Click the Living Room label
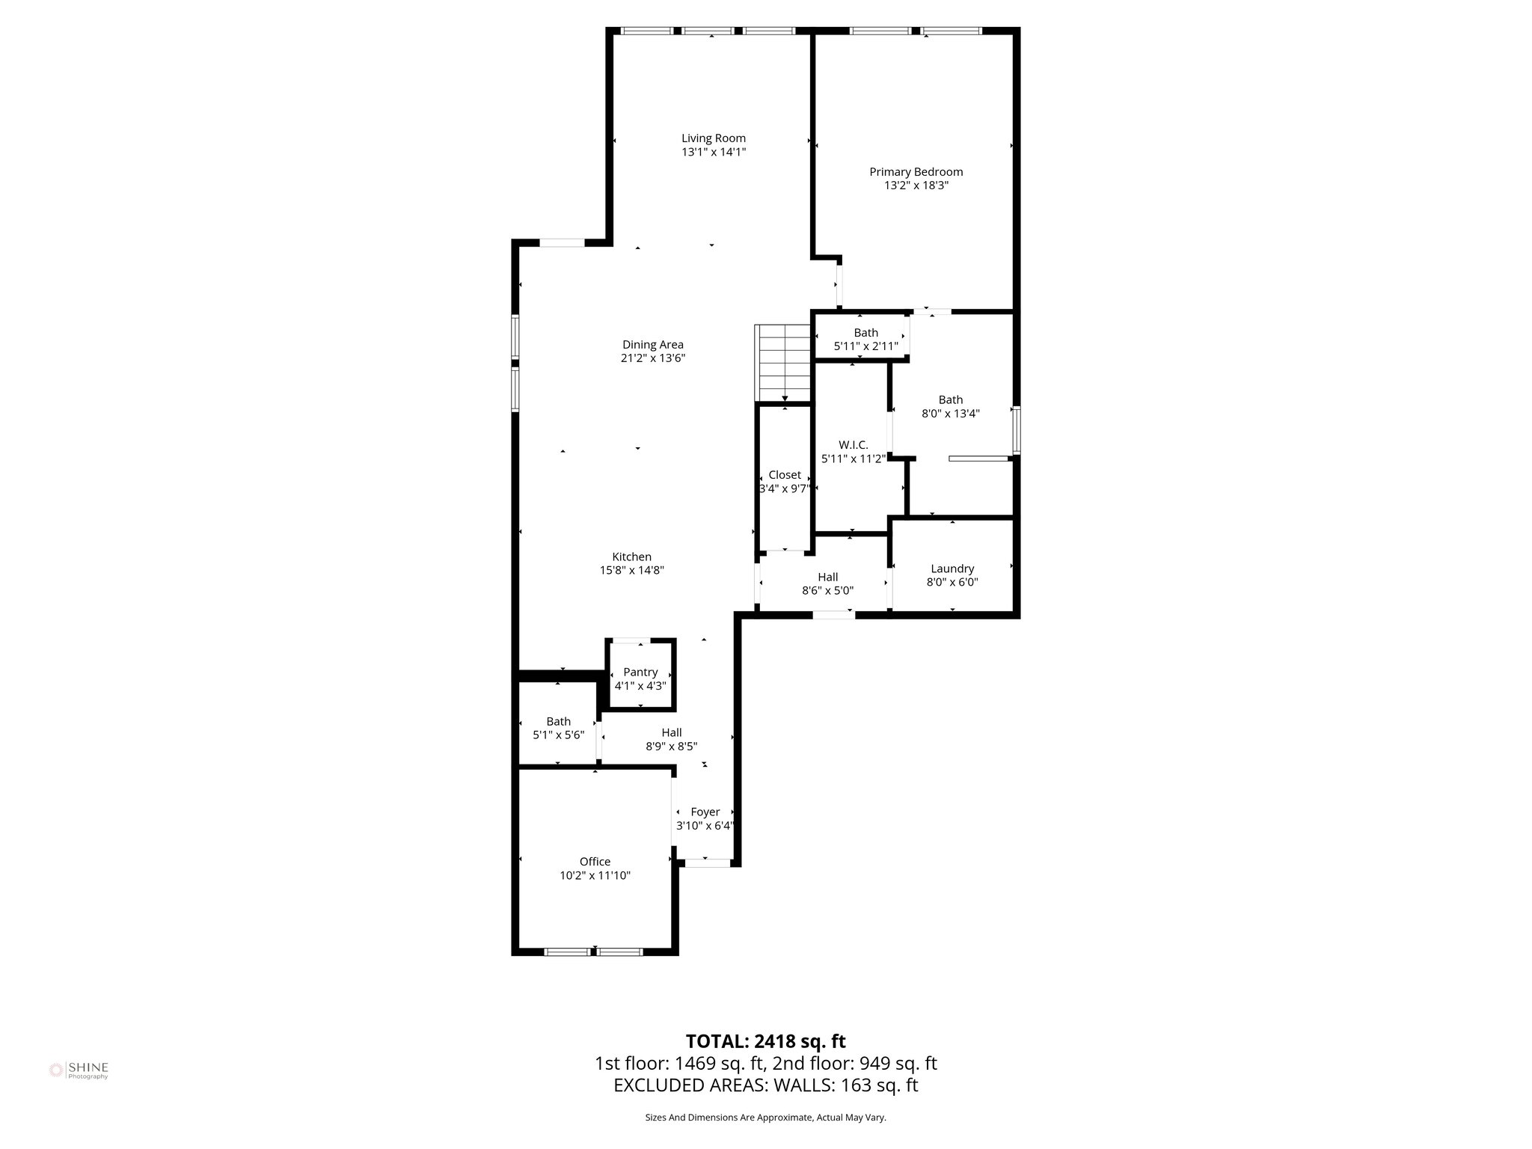(x=713, y=138)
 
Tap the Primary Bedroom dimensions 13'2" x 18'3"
(x=916, y=186)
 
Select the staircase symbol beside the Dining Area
(x=783, y=364)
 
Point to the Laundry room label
(x=952, y=569)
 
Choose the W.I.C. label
(x=853, y=445)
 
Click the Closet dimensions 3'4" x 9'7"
(x=784, y=488)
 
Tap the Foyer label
(x=705, y=812)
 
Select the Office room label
(x=595, y=862)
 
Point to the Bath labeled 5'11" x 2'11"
(x=865, y=340)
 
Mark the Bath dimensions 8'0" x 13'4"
(x=950, y=413)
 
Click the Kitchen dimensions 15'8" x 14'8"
(x=631, y=570)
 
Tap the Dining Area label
(x=653, y=345)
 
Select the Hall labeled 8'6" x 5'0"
(x=827, y=583)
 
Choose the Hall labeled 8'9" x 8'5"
(x=671, y=739)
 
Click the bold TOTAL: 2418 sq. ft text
(x=765, y=1041)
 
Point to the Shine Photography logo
(x=79, y=1070)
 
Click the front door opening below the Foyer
(x=707, y=862)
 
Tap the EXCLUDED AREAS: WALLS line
(x=765, y=1085)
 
